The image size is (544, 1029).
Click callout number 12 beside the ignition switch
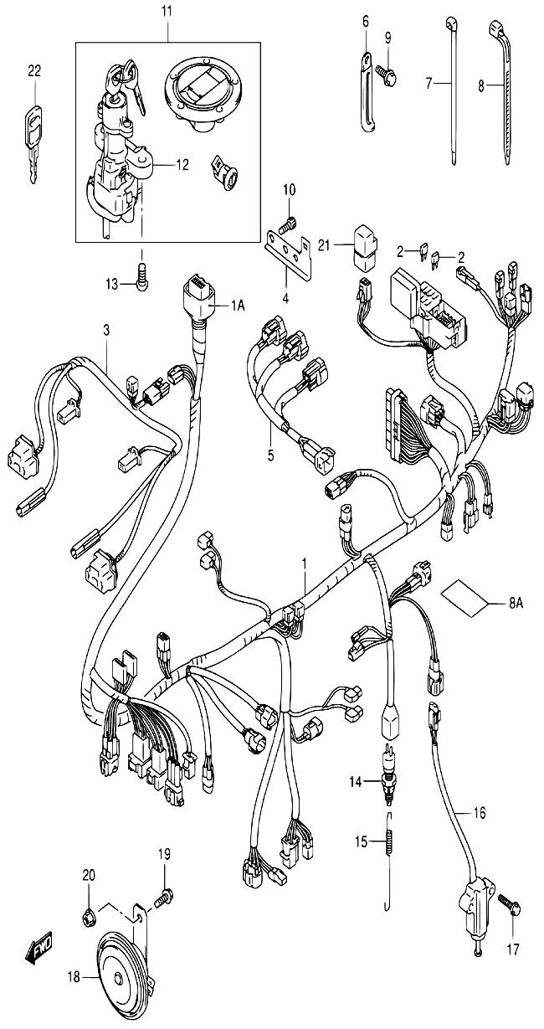point(183,166)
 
